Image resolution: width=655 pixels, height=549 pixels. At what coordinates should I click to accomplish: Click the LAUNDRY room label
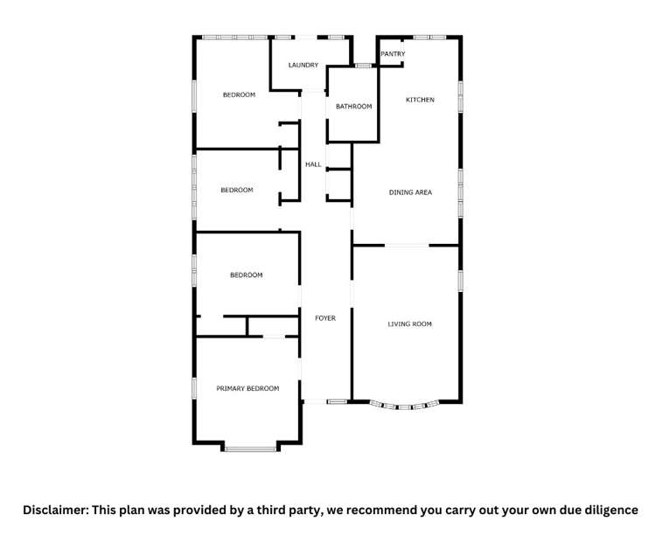pyautogui.click(x=303, y=65)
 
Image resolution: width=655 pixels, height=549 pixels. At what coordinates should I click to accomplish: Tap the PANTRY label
pyautogui.click(x=393, y=54)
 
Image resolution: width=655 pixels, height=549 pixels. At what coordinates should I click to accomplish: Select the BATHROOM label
pyautogui.click(x=353, y=107)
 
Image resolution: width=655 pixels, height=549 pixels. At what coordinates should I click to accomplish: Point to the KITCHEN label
pyautogui.click(x=420, y=100)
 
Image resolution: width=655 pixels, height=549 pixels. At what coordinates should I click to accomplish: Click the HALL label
pyautogui.click(x=313, y=164)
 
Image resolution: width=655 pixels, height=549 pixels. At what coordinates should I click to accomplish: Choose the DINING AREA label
pyautogui.click(x=410, y=192)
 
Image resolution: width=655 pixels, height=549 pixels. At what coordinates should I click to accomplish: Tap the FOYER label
pyautogui.click(x=325, y=318)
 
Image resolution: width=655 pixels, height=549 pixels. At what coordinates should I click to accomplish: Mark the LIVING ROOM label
pyautogui.click(x=410, y=324)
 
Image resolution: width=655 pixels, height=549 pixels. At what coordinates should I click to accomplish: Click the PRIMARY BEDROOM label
pyautogui.click(x=247, y=388)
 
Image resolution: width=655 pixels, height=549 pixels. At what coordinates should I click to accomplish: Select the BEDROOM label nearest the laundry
pyautogui.click(x=239, y=94)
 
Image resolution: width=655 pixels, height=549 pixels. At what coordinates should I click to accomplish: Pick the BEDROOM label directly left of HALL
pyautogui.click(x=236, y=190)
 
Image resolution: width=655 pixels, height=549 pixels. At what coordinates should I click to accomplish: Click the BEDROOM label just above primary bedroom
pyautogui.click(x=246, y=275)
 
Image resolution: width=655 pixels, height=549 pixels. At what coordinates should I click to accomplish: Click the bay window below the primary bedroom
pyautogui.click(x=250, y=448)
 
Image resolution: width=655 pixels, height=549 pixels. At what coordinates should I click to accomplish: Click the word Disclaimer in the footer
pyautogui.click(x=55, y=510)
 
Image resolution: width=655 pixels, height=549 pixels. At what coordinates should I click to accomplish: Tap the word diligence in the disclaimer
pyautogui.click(x=607, y=510)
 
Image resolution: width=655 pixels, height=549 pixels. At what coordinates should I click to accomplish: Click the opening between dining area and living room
pyautogui.click(x=407, y=246)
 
